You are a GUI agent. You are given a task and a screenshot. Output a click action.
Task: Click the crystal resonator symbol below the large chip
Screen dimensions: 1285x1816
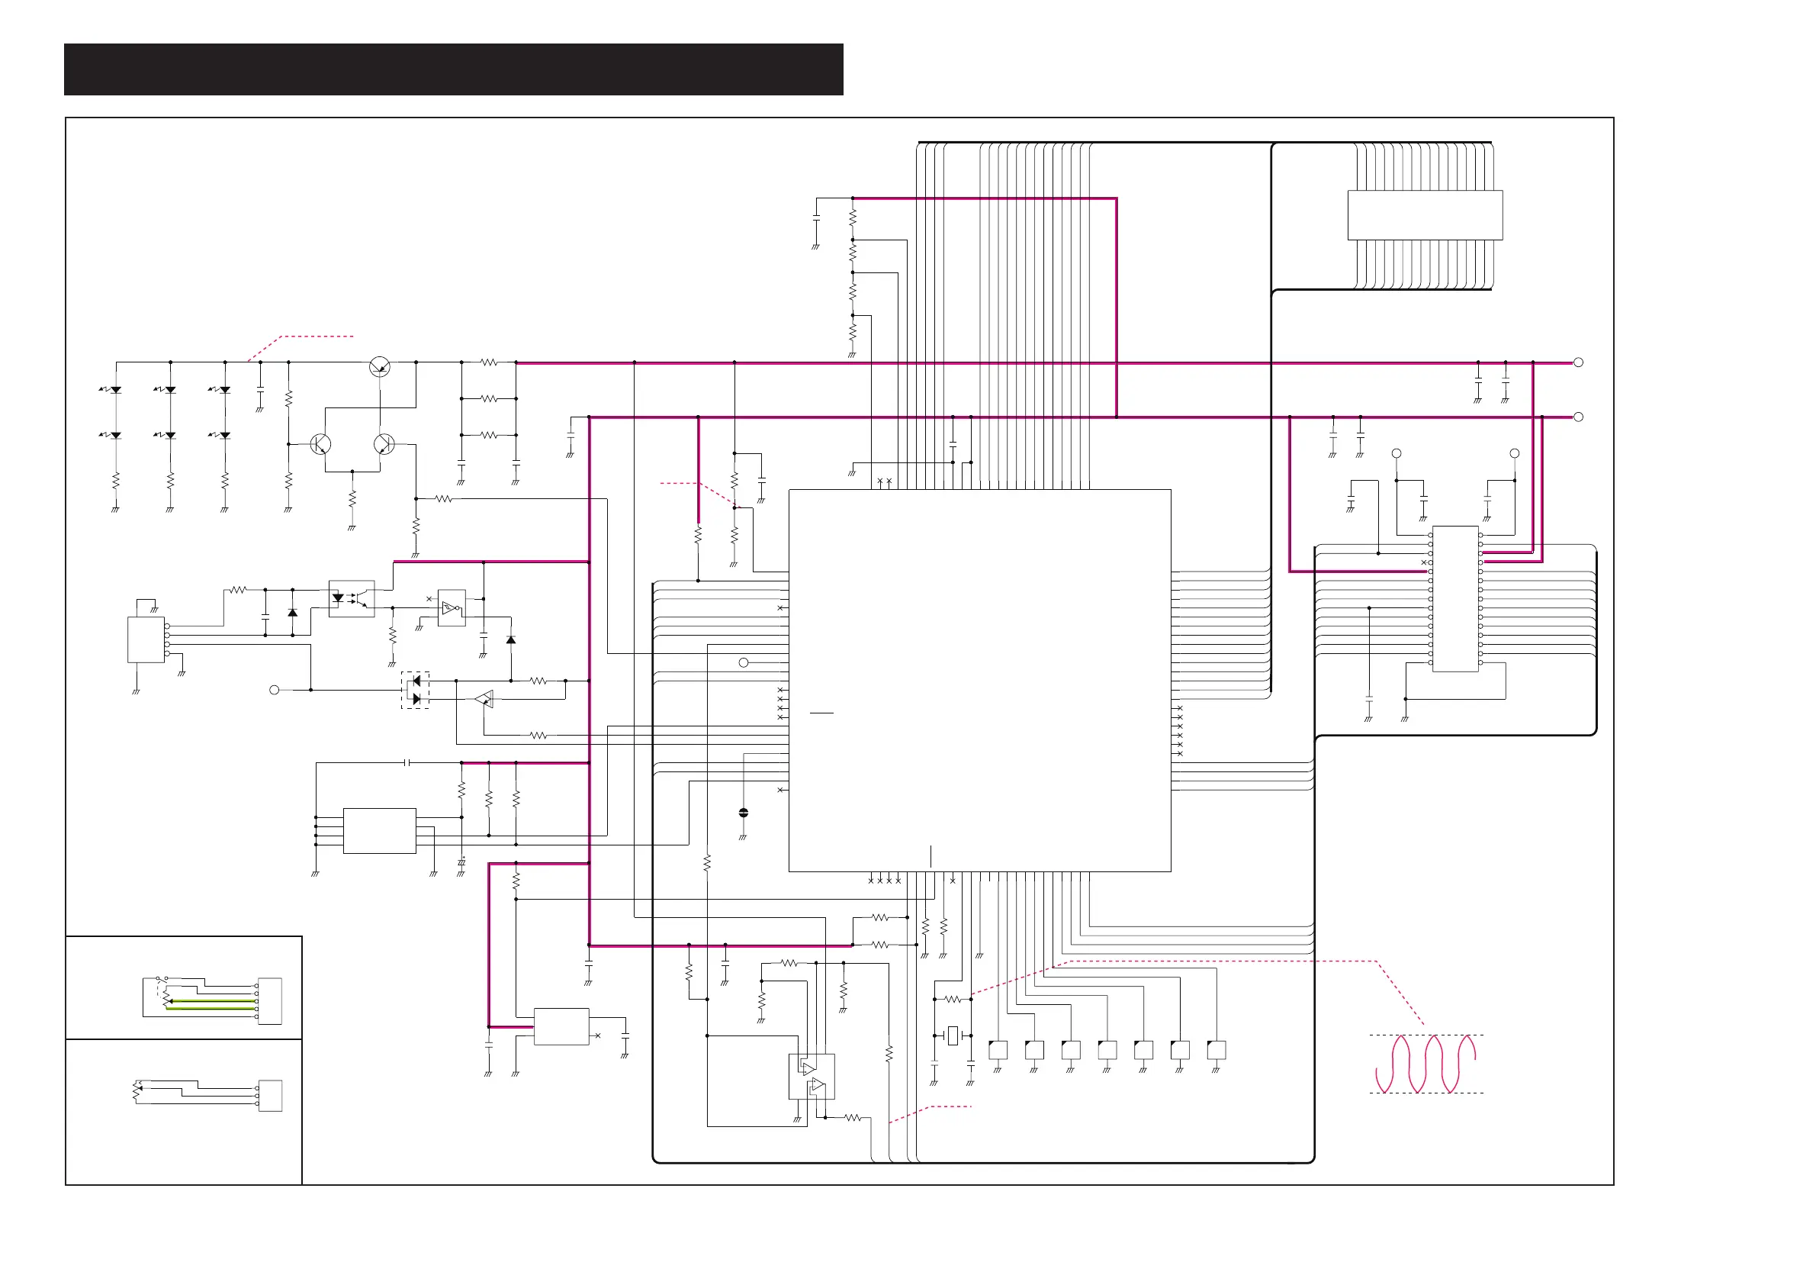[x=953, y=1035]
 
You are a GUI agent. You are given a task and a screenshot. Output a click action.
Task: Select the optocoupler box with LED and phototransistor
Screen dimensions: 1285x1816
[x=351, y=599]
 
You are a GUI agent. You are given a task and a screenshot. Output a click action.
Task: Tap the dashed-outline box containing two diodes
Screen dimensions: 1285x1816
[x=415, y=690]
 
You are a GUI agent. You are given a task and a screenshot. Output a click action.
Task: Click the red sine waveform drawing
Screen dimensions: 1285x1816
[x=1425, y=1064]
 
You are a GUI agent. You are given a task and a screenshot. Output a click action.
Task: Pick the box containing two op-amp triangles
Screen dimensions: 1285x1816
[x=812, y=1076]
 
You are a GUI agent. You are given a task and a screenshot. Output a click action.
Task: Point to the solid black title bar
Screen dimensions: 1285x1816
[x=453, y=69]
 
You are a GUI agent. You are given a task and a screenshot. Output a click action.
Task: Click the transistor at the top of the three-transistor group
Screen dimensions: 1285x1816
[x=380, y=366]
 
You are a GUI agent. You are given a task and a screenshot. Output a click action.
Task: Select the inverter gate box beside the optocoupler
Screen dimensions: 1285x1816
[x=452, y=608]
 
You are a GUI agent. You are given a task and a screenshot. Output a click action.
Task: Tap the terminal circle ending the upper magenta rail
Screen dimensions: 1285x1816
[x=1578, y=362]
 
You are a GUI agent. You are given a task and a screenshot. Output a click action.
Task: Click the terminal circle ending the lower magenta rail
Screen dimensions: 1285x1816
[x=1578, y=417]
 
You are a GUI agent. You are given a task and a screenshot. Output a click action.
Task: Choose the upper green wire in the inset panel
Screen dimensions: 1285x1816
[x=212, y=1001]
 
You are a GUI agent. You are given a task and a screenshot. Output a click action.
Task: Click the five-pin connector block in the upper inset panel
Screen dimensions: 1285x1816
[x=270, y=1001]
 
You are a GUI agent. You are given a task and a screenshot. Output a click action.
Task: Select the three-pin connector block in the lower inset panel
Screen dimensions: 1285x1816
[x=270, y=1095]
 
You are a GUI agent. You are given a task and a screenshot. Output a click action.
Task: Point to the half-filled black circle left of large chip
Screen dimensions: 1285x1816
[x=743, y=813]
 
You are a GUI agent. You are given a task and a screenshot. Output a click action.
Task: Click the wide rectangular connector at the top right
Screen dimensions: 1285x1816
[x=1425, y=214]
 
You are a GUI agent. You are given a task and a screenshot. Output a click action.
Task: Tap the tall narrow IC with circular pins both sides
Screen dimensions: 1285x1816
[x=1455, y=599]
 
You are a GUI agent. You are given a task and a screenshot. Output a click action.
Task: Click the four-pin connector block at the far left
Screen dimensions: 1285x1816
[x=146, y=639]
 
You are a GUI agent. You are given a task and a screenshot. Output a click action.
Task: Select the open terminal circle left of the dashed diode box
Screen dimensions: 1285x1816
[x=275, y=690]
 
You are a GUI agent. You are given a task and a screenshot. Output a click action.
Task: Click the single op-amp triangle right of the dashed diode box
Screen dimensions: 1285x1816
[x=484, y=699]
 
